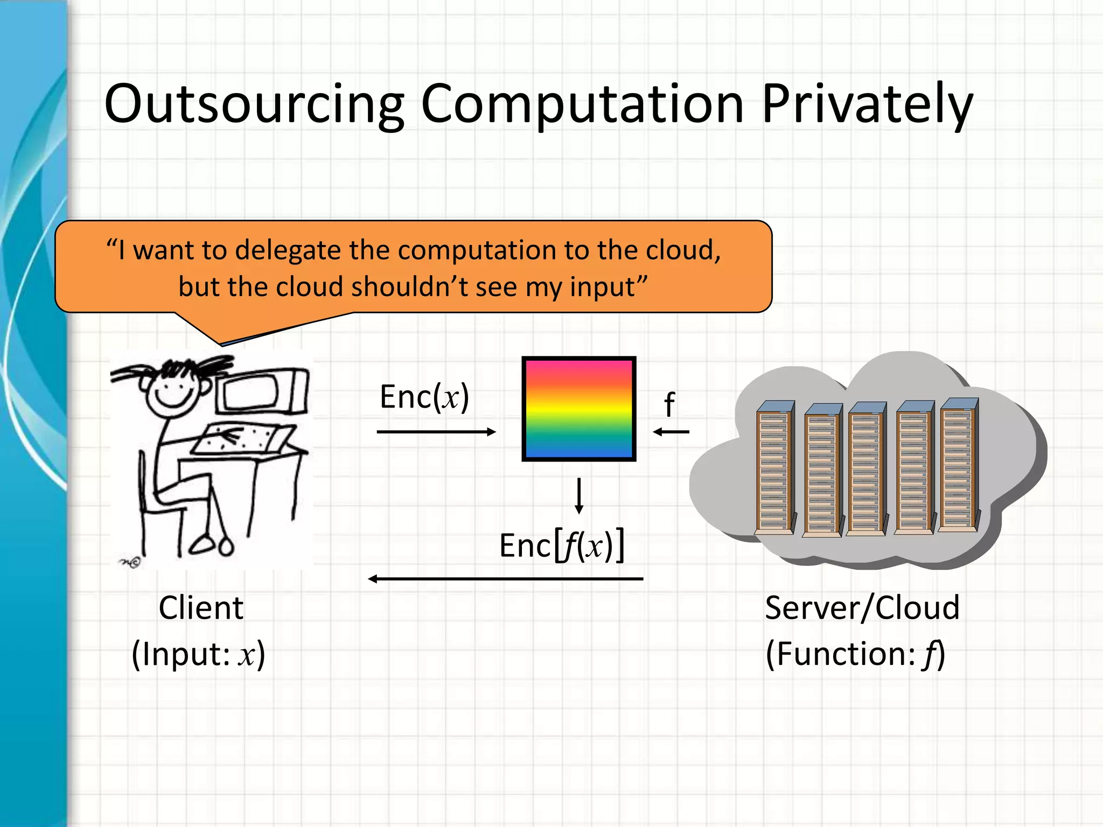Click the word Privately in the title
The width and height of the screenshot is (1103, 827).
pos(867,103)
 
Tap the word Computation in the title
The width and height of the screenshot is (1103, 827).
pos(583,103)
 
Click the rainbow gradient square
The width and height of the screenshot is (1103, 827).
pos(579,409)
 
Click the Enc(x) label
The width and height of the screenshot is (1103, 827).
pos(424,397)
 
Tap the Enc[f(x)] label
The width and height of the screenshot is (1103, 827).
pos(562,546)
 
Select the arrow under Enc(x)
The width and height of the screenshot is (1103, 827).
pos(436,432)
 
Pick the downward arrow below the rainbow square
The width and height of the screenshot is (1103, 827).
pos(579,495)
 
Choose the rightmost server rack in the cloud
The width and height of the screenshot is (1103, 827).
pos(959,464)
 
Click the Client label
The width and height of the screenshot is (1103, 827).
pos(201,608)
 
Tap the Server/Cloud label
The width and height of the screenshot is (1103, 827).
pos(862,608)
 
